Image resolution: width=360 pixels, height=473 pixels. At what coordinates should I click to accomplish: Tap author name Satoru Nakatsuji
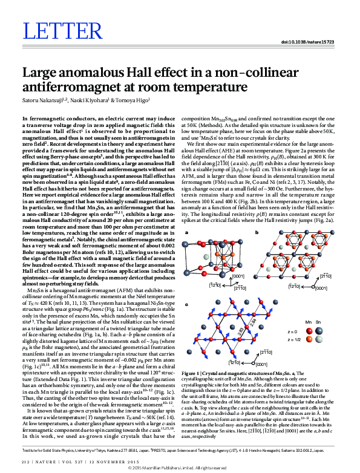tap(43, 100)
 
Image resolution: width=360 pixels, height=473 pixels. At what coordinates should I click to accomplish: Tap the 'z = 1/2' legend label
tap(294, 341)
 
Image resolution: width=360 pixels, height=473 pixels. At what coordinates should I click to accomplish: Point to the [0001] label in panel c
tap(261, 364)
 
